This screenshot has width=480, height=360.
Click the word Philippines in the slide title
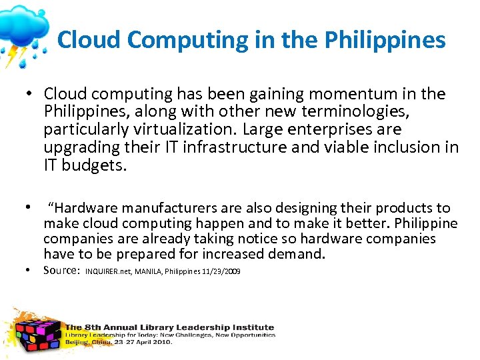(385, 40)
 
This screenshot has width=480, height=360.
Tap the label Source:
(62, 270)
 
